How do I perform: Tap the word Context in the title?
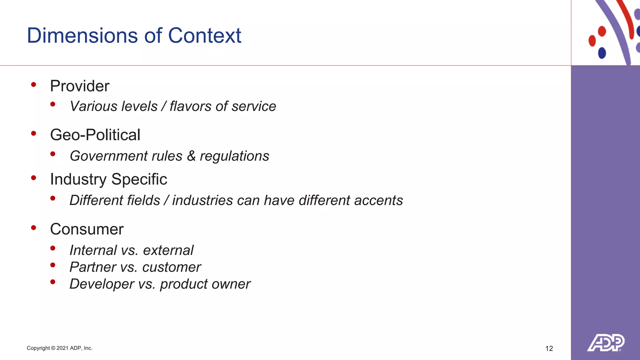point(205,35)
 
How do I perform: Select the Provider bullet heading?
point(80,86)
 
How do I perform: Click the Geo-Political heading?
point(95,135)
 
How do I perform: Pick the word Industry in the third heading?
point(78,179)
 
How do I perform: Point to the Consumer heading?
point(87,229)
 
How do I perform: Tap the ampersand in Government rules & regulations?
point(191,156)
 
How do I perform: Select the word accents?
point(378,200)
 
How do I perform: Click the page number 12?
point(549,348)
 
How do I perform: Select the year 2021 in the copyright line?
point(62,348)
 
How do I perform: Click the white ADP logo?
point(606,342)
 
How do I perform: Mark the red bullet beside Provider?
point(34,84)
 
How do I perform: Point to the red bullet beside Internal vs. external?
point(53,248)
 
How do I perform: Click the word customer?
point(172,267)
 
